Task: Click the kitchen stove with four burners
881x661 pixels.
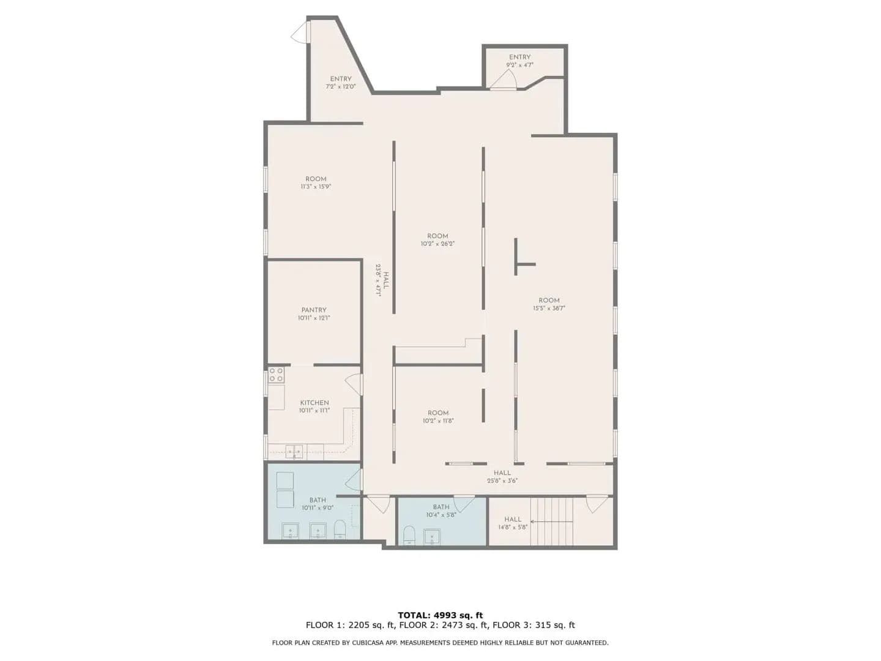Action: (x=275, y=375)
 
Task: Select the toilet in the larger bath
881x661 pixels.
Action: (x=340, y=529)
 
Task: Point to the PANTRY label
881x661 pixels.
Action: (x=313, y=310)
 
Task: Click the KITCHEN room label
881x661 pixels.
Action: (x=314, y=403)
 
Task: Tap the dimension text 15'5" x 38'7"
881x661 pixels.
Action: (x=548, y=308)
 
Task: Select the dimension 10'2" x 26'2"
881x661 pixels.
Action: (x=437, y=244)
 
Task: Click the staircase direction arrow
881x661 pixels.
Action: (x=551, y=521)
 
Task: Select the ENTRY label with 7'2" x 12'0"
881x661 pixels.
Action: (x=341, y=79)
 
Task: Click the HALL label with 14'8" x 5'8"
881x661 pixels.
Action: (x=513, y=520)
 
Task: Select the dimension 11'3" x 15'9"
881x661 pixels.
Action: (x=316, y=187)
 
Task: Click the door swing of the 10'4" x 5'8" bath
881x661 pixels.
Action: (x=464, y=504)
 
